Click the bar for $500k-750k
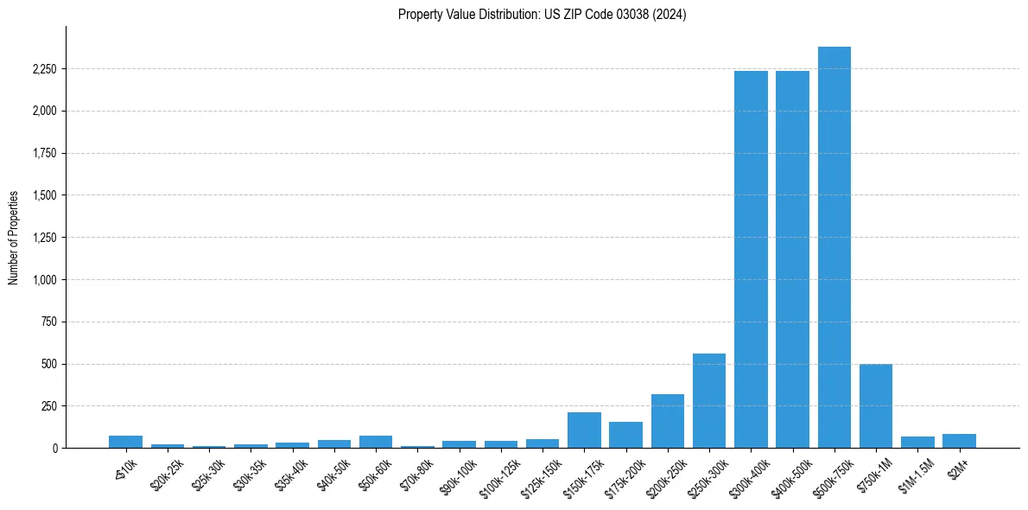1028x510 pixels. pos(834,247)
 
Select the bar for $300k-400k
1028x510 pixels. pos(751,259)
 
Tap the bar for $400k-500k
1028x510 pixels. pos(792,259)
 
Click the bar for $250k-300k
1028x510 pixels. pos(709,401)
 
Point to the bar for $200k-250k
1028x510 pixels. pos(668,421)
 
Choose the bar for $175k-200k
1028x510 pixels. pos(625,435)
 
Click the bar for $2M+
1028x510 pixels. pos(959,441)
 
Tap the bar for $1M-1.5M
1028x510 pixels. pos(917,443)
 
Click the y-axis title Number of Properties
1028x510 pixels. pos(14,238)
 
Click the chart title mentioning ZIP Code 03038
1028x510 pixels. pos(542,15)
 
